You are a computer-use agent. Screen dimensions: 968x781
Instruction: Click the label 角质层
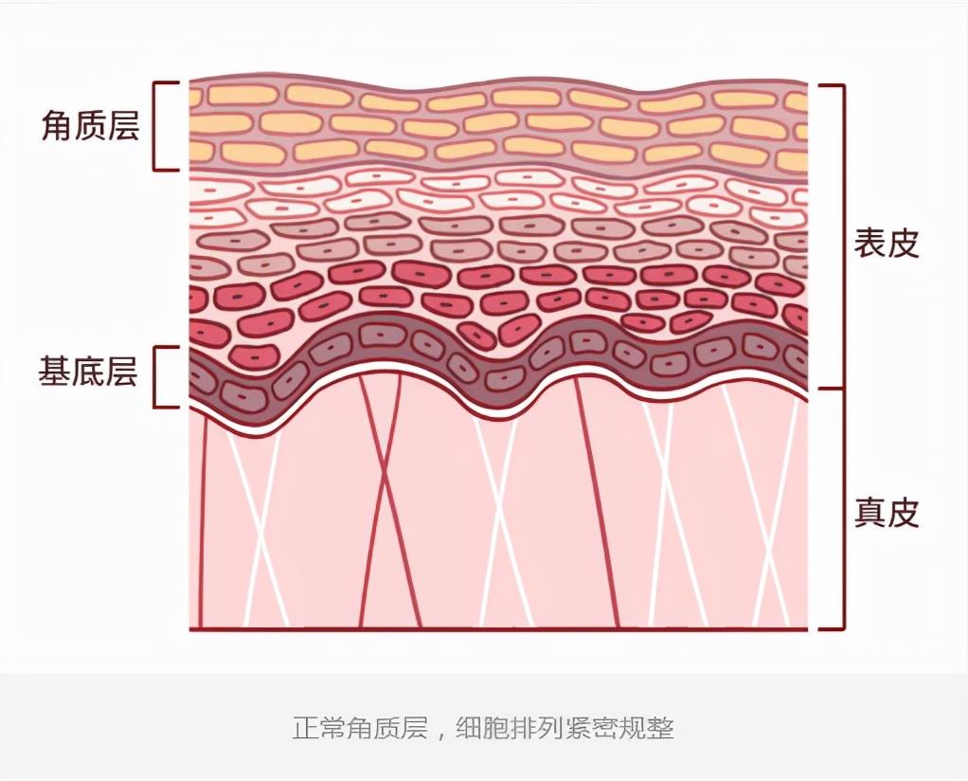[x=90, y=125]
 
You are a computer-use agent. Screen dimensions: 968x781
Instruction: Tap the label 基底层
[x=88, y=372]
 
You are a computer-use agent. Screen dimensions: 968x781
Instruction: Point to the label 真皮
[x=887, y=512]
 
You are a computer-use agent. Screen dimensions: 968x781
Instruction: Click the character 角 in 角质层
[x=57, y=125]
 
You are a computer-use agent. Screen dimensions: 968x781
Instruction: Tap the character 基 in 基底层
[x=54, y=372]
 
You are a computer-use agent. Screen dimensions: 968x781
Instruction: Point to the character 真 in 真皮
[x=869, y=512]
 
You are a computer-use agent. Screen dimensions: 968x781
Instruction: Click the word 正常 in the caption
[x=318, y=728]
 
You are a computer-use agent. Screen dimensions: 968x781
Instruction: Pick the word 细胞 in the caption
[x=482, y=728]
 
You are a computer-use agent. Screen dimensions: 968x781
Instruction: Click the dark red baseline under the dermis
[x=498, y=629]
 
